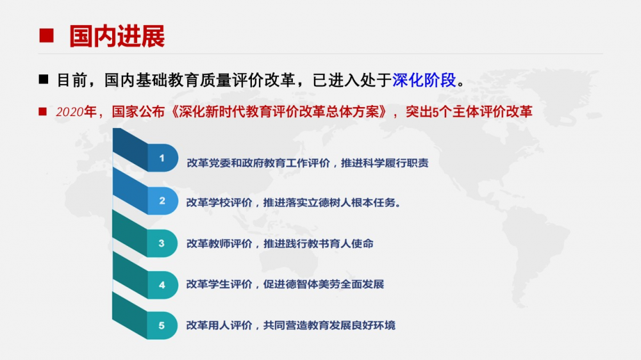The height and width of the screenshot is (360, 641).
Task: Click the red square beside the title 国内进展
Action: pyautogui.click(x=46, y=35)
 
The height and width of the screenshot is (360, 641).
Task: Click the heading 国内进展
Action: pyautogui.click(x=117, y=36)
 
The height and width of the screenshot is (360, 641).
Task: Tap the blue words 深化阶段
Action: pyautogui.click(x=424, y=79)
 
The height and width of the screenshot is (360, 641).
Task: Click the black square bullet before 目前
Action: pyautogui.click(x=44, y=79)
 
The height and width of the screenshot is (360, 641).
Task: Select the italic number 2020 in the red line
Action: pyautogui.click(x=69, y=111)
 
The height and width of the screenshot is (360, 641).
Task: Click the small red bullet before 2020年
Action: pyautogui.click(x=42, y=111)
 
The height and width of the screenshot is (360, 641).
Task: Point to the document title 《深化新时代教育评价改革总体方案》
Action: pyautogui.click(x=278, y=111)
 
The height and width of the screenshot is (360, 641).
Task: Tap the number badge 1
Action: pyautogui.click(x=162, y=158)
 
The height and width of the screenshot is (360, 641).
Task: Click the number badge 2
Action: pyautogui.click(x=162, y=200)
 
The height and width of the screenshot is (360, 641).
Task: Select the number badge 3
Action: pyautogui.click(x=162, y=243)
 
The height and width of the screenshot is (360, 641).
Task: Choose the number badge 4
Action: pyautogui.click(x=162, y=285)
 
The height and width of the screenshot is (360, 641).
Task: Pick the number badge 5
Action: pyautogui.click(x=162, y=325)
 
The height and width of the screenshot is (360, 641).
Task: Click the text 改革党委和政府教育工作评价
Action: pyautogui.click(x=258, y=163)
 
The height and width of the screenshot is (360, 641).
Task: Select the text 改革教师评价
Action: pyautogui.click(x=219, y=243)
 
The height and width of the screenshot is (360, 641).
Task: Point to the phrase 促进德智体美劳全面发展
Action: pyautogui.click(x=324, y=284)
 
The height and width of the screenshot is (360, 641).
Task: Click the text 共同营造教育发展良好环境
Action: pyautogui.click(x=329, y=325)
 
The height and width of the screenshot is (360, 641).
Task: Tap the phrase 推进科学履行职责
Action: pyautogui.click(x=385, y=163)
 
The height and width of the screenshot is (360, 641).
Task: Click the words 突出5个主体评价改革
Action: pyautogui.click(x=469, y=111)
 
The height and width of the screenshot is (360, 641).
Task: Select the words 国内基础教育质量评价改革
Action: pyautogui.click(x=199, y=79)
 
